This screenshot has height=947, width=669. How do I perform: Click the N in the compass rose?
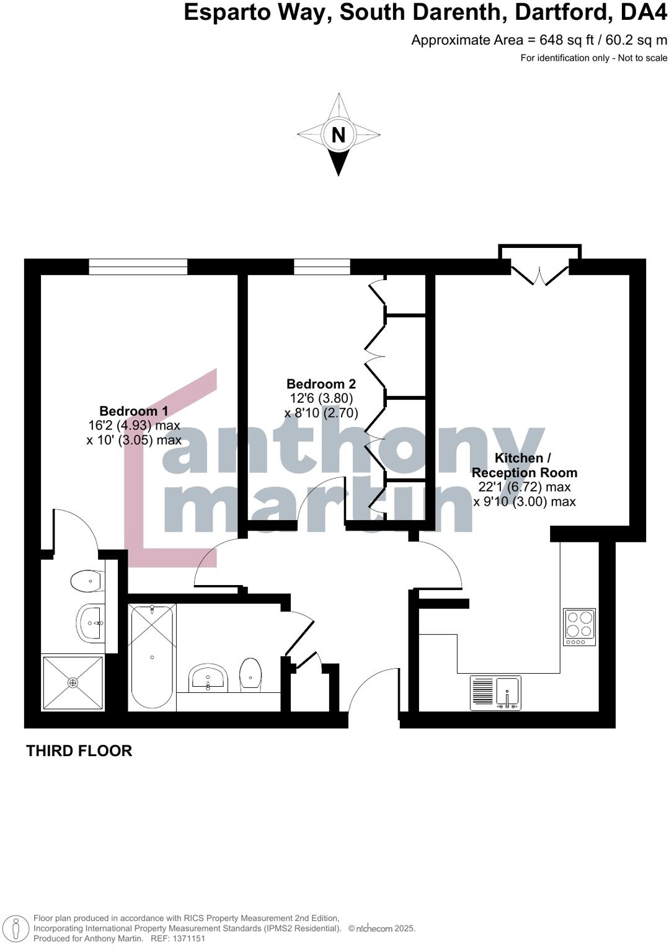[338, 134]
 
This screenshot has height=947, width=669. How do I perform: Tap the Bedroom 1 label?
[133, 411]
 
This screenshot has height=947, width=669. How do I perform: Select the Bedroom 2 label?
[321, 384]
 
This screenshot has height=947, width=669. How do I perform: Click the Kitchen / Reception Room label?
[524, 465]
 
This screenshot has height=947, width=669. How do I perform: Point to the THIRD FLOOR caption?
[79, 751]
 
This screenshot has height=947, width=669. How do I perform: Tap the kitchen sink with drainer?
[496, 692]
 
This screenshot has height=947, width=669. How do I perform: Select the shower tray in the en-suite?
[73, 682]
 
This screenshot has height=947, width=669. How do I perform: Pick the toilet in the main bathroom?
[250, 674]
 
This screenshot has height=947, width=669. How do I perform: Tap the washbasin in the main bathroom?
[208, 678]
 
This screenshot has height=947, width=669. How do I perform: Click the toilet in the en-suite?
[87, 581]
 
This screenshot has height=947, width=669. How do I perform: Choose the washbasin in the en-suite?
[91, 622]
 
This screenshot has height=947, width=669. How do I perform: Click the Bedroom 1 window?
[138, 267]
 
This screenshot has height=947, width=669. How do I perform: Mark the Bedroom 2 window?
[322, 267]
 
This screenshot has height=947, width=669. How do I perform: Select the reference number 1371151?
[187, 938]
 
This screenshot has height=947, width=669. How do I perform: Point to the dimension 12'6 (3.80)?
[321, 399]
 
